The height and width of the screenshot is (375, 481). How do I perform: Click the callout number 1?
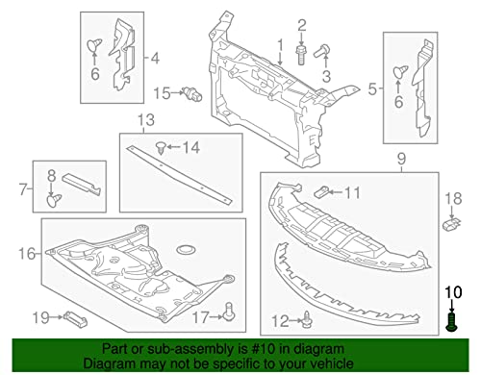[x=282, y=45]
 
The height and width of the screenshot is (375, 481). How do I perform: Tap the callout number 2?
[x=300, y=24]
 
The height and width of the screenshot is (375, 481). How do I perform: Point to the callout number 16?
[x=26, y=255]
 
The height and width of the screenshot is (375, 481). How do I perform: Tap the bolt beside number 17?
[x=230, y=310]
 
